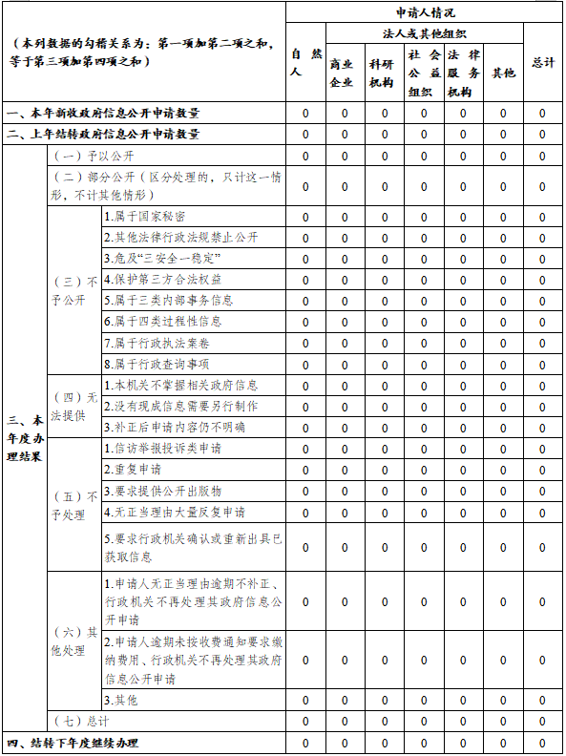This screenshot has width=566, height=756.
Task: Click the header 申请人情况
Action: [425, 12]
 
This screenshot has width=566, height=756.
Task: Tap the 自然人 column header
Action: [305, 62]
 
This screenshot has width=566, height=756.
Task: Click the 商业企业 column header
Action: [345, 73]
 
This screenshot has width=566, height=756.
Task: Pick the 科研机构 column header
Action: [385, 73]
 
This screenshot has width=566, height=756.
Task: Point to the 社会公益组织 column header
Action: [424, 73]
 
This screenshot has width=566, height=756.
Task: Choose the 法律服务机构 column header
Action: [463, 73]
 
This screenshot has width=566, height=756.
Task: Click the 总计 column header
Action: [543, 62]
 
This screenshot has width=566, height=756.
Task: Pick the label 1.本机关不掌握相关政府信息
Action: [180, 386]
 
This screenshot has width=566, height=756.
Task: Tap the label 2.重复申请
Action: [133, 470]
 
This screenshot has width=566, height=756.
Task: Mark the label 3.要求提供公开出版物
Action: [163, 491]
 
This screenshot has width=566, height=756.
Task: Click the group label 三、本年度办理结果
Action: [25, 438]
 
